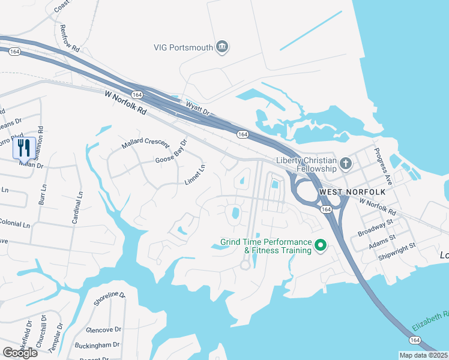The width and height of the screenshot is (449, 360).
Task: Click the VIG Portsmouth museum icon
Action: click(222, 47)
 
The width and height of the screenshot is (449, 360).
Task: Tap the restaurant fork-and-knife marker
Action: click(24, 147)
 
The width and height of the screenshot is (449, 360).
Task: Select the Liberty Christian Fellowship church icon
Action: click(345, 163)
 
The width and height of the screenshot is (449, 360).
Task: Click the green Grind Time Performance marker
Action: click(321, 245)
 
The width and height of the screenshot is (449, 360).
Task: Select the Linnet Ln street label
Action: click(195, 175)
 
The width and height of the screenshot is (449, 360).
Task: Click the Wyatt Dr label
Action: click(197, 107)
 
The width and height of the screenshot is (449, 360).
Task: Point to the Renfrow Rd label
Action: click(69, 38)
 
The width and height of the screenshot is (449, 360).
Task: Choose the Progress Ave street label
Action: click(383, 166)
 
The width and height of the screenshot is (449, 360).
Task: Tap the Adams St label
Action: click(383, 241)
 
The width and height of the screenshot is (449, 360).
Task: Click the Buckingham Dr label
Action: click(98, 346)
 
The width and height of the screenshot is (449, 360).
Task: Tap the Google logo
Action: click(20, 353)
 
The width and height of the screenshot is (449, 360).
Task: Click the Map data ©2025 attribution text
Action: click(424, 355)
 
